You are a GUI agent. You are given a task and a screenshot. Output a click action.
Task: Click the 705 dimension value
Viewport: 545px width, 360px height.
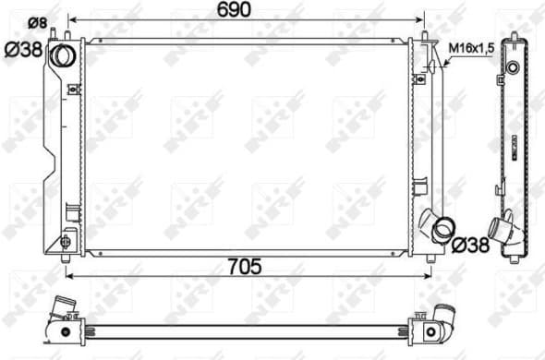tap(247, 266)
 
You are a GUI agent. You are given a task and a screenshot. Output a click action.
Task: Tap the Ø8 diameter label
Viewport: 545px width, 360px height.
tap(38, 21)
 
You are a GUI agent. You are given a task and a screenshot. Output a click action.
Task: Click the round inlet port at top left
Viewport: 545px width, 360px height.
tap(64, 54)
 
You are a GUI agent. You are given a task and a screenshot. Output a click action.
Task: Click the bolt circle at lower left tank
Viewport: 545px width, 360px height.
tap(65, 242)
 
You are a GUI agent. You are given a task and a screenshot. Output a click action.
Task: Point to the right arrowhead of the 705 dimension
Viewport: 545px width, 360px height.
tap(425, 273)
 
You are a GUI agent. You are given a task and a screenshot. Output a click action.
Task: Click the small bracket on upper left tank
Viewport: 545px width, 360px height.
tap(74, 90)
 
